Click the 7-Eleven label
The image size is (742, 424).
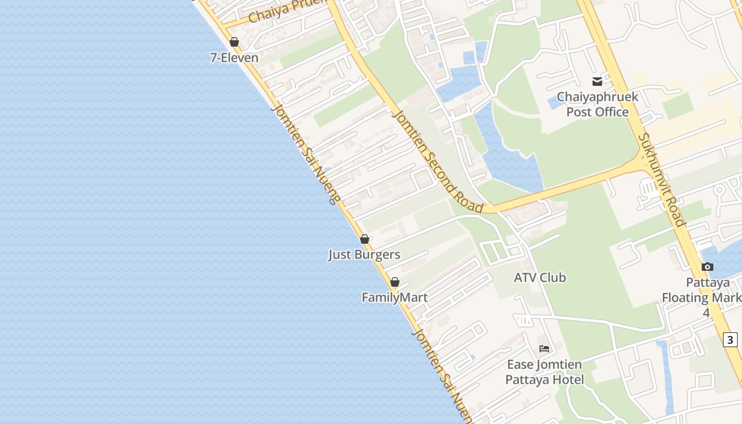234,58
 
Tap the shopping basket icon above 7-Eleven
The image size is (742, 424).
234,42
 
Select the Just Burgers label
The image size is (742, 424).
364,254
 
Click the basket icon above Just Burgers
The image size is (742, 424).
365,239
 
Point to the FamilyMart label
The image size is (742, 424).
394,297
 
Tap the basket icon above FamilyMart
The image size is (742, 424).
395,282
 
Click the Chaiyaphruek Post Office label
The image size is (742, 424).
597,104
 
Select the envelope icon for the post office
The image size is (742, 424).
597,82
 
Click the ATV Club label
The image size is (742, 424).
540,277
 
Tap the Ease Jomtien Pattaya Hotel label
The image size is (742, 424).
544,372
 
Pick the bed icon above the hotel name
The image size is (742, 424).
544,349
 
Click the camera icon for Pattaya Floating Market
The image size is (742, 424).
707,267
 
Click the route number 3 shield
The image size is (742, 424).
730,339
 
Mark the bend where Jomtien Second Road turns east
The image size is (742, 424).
485,210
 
